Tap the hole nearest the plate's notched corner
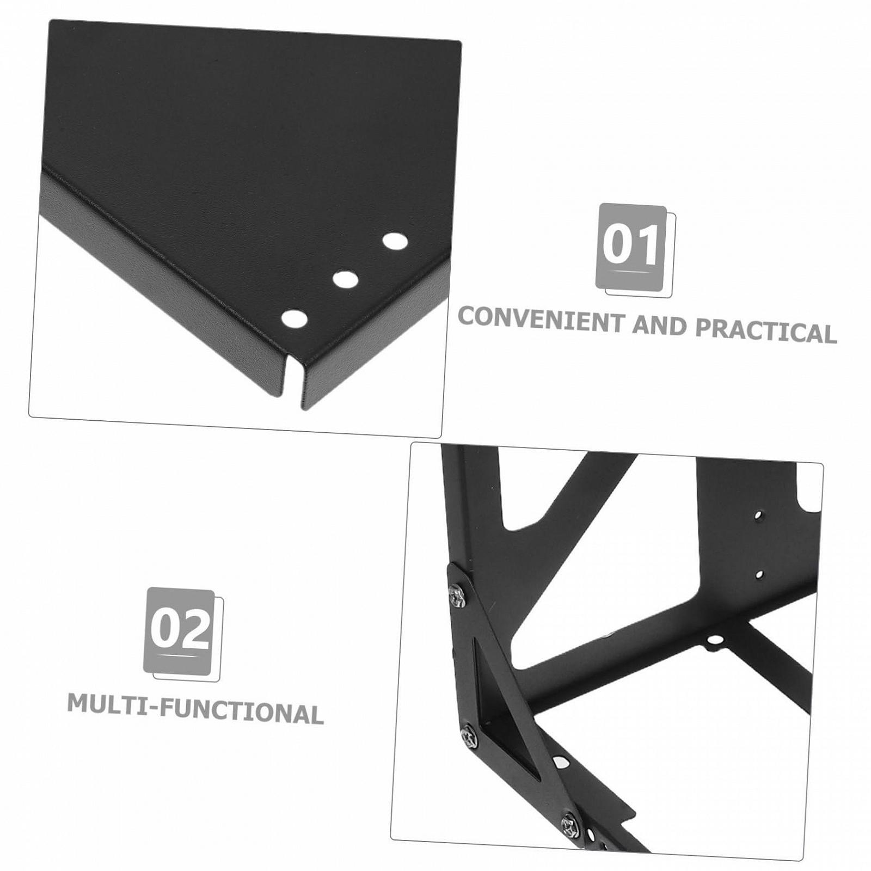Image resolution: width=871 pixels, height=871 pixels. coord(294,320)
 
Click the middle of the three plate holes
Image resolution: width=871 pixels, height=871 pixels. coord(345,280)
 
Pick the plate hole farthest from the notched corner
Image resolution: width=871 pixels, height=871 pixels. coord(395,241)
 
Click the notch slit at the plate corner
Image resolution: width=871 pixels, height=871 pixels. coord(299,387)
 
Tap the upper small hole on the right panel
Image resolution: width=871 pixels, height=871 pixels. coord(758,514)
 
